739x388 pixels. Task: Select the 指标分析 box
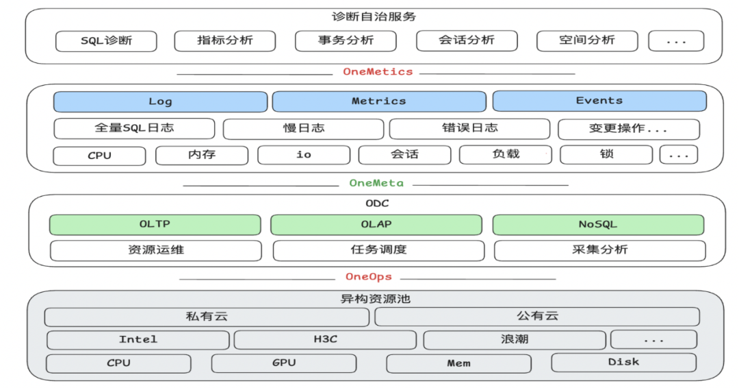pyautogui.click(x=225, y=41)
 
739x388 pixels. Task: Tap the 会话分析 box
pyautogui.click(x=467, y=41)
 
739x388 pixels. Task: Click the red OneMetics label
pyautogui.click(x=378, y=71)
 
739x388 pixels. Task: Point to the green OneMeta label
pyautogui.click(x=376, y=183)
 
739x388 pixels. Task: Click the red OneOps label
pyautogui.click(x=369, y=277)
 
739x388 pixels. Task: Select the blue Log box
pyautogui.click(x=160, y=101)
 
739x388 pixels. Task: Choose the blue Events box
pyautogui.click(x=599, y=101)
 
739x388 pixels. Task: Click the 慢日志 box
pyautogui.click(x=303, y=129)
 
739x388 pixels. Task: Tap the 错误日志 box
pyautogui.click(x=469, y=129)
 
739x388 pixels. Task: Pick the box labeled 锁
pyautogui.click(x=606, y=155)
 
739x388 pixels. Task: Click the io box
pyautogui.click(x=304, y=155)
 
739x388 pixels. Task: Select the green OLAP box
pyautogui.click(x=376, y=225)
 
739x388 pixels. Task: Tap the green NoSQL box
pyautogui.click(x=598, y=225)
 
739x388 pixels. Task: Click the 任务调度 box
pyautogui.click(x=378, y=250)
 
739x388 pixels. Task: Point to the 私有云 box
pyautogui.click(x=207, y=317)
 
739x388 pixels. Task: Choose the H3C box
pyautogui.click(x=325, y=340)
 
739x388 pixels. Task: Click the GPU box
pyautogui.click(x=284, y=363)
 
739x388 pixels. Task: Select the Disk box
pyautogui.click(x=623, y=363)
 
